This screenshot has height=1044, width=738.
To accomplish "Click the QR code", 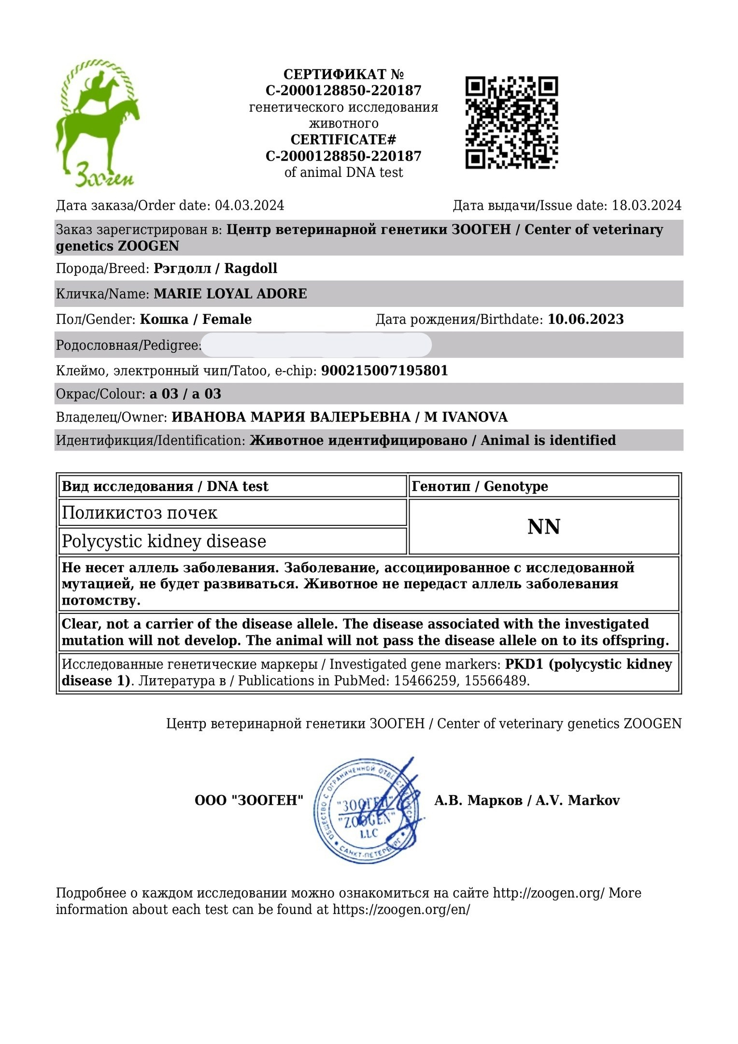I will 511,122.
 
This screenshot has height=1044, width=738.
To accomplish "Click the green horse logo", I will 97,123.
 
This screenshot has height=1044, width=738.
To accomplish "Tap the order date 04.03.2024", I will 249,205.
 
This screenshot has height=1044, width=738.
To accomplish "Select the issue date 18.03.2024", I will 646,205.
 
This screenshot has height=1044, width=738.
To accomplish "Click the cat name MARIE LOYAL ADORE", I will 230,294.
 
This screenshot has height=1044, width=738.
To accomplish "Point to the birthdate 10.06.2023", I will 585,319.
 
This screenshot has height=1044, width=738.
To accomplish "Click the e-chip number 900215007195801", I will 384,371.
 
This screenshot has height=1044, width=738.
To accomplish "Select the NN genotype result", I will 543,527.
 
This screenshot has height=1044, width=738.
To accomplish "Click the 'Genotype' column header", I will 516,486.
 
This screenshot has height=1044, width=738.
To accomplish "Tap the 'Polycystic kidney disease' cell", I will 164,541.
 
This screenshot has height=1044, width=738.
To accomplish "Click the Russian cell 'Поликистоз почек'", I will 140,513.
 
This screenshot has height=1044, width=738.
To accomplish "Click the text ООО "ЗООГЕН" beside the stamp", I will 249,800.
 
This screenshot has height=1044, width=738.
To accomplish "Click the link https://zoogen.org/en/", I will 401,910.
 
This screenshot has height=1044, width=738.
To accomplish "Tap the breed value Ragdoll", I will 251,268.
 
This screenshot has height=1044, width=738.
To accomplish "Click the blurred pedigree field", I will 316,345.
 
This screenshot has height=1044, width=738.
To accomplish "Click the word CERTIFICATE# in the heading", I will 343,140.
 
